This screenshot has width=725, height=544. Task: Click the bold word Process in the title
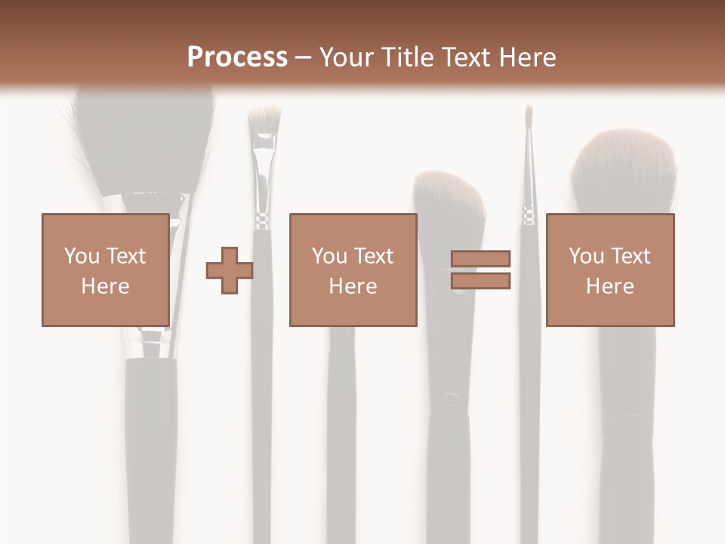click(x=237, y=57)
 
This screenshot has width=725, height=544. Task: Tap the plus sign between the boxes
click(x=230, y=270)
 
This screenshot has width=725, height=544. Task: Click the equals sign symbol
click(x=480, y=270)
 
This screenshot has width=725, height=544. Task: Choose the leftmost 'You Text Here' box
click(x=105, y=270)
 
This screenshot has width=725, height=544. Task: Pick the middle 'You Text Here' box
click(x=353, y=270)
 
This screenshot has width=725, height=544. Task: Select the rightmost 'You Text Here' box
click(x=609, y=270)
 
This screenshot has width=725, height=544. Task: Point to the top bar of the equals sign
click(x=480, y=259)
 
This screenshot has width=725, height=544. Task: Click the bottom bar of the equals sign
click(x=480, y=280)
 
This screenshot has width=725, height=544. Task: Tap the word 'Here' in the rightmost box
click(x=609, y=286)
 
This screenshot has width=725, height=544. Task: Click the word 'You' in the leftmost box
click(x=80, y=255)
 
